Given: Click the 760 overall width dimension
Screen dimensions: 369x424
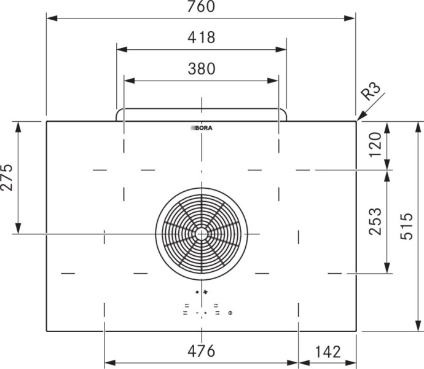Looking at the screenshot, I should [x=201, y=7].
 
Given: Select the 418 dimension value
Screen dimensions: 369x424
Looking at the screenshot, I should [x=201, y=38].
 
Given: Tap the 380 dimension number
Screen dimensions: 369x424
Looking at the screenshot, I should [x=201, y=69].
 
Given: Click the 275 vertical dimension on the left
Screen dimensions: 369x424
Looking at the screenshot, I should [x=7, y=177].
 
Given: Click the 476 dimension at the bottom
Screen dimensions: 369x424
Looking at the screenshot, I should [x=201, y=351].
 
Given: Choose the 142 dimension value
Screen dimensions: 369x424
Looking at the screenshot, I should [x=328, y=351].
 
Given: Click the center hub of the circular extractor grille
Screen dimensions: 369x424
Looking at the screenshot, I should [x=201, y=233].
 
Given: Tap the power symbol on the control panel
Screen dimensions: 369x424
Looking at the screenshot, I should [x=230, y=313].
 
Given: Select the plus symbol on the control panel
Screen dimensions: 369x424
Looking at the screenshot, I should [x=205, y=313].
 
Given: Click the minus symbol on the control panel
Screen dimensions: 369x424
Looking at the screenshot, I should [x=197, y=313].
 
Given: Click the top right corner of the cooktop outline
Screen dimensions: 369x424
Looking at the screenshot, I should [x=356, y=121].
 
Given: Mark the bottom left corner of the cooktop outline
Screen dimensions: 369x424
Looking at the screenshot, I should [x=47, y=331].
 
